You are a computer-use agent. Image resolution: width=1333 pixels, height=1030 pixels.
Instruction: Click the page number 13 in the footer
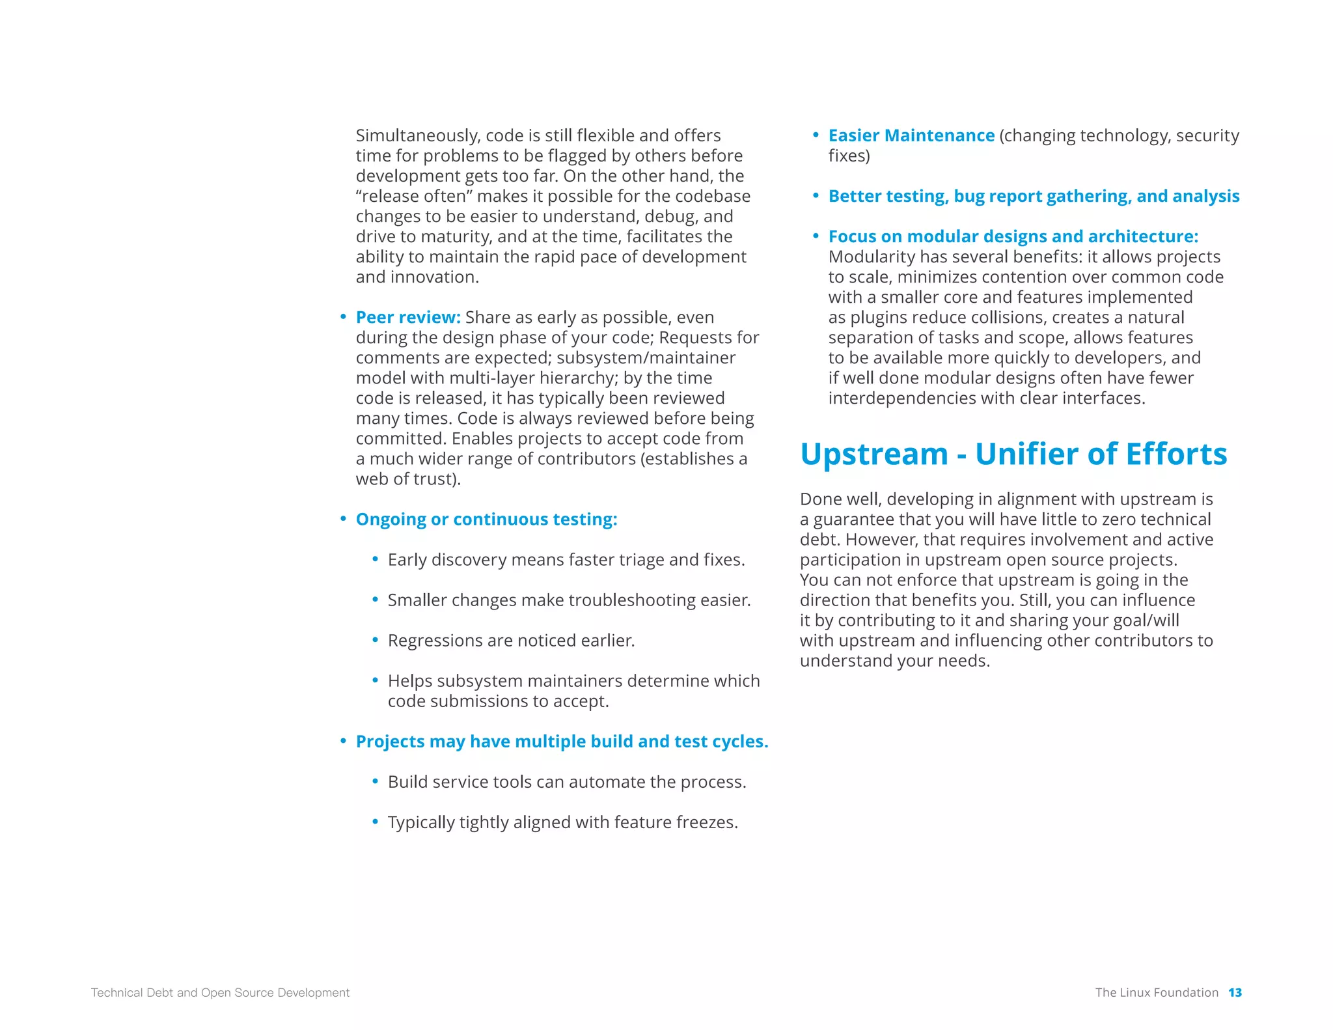1235,992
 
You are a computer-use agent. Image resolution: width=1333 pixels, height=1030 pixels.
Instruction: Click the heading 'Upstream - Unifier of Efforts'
1013,454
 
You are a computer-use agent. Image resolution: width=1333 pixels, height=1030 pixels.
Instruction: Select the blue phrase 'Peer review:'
408,317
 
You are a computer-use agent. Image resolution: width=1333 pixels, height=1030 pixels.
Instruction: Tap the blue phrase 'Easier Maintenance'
911,135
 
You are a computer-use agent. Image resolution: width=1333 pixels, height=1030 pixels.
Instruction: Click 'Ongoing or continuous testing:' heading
486,519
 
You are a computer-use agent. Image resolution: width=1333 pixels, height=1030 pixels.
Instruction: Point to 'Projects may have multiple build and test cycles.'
562,741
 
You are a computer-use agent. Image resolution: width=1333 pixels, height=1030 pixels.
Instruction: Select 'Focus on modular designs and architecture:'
1013,236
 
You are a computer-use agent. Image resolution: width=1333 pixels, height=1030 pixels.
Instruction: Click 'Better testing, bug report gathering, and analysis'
1034,196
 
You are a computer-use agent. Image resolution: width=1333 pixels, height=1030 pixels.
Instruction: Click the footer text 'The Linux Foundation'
1156,992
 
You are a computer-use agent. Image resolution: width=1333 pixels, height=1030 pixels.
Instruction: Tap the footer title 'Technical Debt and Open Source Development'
220,992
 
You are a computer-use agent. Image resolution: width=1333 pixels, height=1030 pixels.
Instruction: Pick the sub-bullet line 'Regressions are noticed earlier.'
511,640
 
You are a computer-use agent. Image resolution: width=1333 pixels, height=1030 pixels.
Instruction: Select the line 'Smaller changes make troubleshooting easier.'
569,600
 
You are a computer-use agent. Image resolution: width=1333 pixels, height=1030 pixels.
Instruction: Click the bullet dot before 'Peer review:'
343,317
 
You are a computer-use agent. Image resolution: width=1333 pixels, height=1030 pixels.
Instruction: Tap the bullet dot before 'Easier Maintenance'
816,135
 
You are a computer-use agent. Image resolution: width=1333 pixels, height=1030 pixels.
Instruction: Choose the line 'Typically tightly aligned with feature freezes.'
562,822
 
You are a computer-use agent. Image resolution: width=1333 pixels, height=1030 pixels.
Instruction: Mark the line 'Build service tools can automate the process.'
566,781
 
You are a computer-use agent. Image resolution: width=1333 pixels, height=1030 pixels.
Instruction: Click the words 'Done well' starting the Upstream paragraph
840,499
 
